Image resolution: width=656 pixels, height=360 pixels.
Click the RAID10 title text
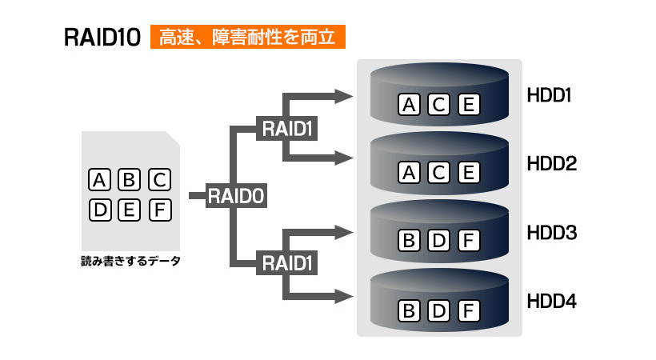coord(102,38)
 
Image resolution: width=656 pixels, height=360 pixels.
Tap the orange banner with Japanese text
coord(248,37)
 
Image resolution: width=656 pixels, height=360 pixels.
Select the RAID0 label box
coord(236,195)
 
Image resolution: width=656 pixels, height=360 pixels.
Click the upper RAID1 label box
coord(286,128)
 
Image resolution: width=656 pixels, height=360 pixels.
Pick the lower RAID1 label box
coord(286,263)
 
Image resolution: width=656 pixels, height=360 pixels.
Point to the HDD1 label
coord(549,95)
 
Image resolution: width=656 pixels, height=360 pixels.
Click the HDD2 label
coord(552,164)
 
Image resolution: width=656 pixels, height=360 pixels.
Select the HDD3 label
coord(552,233)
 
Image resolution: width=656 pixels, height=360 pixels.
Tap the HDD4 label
coord(552,301)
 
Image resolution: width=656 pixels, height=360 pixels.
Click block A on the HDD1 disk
coord(409,104)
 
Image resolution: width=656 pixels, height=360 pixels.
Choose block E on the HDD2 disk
coord(469,173)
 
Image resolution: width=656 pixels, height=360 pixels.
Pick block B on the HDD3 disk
coord(409,240)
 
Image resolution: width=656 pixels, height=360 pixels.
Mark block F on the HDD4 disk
coord(469,310)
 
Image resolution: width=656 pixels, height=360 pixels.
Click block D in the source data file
coord(100,210)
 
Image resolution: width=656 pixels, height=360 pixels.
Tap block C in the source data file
coord(160,179)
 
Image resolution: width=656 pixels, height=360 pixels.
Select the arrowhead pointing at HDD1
coord(344,96)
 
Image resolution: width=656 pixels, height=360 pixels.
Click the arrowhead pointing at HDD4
coord(344,296)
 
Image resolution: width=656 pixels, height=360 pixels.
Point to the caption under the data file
coord(130,261)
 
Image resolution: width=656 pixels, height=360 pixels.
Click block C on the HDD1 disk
coord(438,104)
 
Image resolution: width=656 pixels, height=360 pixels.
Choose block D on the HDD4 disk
coord(438,310)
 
